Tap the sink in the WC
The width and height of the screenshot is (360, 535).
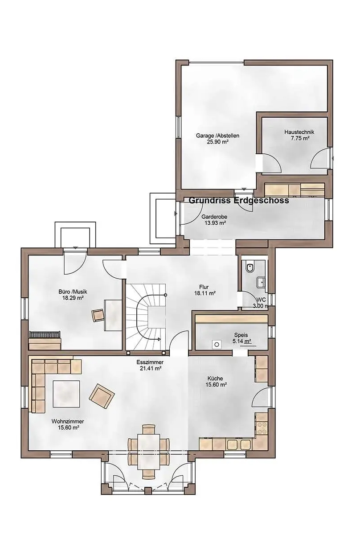point(261,282)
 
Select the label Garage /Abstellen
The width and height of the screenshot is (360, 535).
point(217,136)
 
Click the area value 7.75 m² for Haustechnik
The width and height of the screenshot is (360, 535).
point(300,138)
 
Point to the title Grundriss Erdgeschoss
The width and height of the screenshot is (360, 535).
point(239,200)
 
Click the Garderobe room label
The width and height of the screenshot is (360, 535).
point(214,217)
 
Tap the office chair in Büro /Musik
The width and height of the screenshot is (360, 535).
point(98,315)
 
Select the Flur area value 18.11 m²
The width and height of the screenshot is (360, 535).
point(205,293)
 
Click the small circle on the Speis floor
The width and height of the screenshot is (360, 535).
point(217,344)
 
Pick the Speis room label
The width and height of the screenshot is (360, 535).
point(241,335)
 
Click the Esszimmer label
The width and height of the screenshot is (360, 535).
point(150,362)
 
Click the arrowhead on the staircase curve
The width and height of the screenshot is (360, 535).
point(159,339)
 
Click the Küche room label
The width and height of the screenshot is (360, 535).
point(215,379)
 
